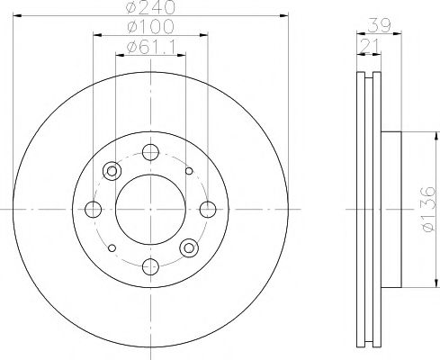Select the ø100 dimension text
pyautogui.click(x=150, y=28)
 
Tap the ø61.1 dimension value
pyautogui.click(x=151, y=47)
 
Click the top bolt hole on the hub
pyautogui.click(x=150, y=152)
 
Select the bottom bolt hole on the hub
pyautogui.click(x=150, y=265)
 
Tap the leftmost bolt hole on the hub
pyautogui.click(x=94, y=209)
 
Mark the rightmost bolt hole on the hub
pyautogui.click(x=208, y=209)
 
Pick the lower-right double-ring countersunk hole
pyautogui.click(x=188, y=247)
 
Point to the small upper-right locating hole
pyautogui.click(x=188, y=171)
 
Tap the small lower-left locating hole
pyautogui.click(x=112, y=247)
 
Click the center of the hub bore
pyautogui.click(x=150, y=209)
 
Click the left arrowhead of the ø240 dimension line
pyautogui.click(x=15, y=15)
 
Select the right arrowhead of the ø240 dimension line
pyautogui.click(x=286, y=15)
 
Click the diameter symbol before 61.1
pyautogui.click(x=130, y=47)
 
